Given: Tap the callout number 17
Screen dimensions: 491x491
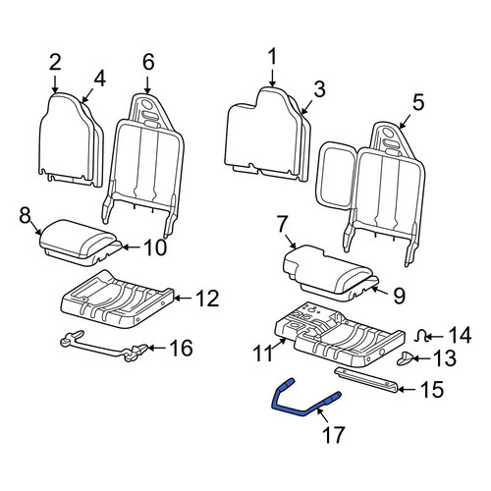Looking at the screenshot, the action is [333, 434].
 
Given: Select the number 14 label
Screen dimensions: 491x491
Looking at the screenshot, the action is [459, 336].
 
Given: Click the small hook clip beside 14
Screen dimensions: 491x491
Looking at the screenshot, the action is [421, 336].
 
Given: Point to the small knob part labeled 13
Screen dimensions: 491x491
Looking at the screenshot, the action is [405, 357].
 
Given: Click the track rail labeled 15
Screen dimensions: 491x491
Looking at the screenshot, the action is [366, 379].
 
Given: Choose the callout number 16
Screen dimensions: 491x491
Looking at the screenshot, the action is [182, 348].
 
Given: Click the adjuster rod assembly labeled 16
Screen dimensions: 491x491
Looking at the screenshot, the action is [104, 347].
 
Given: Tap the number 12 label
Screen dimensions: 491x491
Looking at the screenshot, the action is [208, 299].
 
